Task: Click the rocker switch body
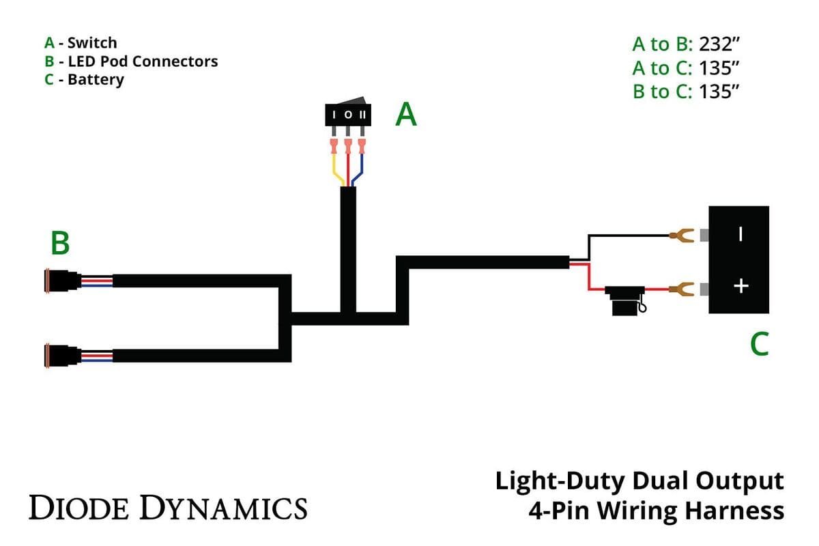(x=348, y=115)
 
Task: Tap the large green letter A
(x=406, y=115)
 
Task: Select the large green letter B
(x=60, y=244)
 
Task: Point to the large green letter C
(x=759, y=345)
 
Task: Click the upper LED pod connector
(x=61, y=281)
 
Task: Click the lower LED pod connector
(x=61, y=356)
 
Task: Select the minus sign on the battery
(x=741, y=234)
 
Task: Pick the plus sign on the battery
(x=741, y=285)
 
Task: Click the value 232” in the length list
(x=720, y=45)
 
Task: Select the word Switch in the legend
(x=91, y=43)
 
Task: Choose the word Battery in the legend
(x=96, y=79)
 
